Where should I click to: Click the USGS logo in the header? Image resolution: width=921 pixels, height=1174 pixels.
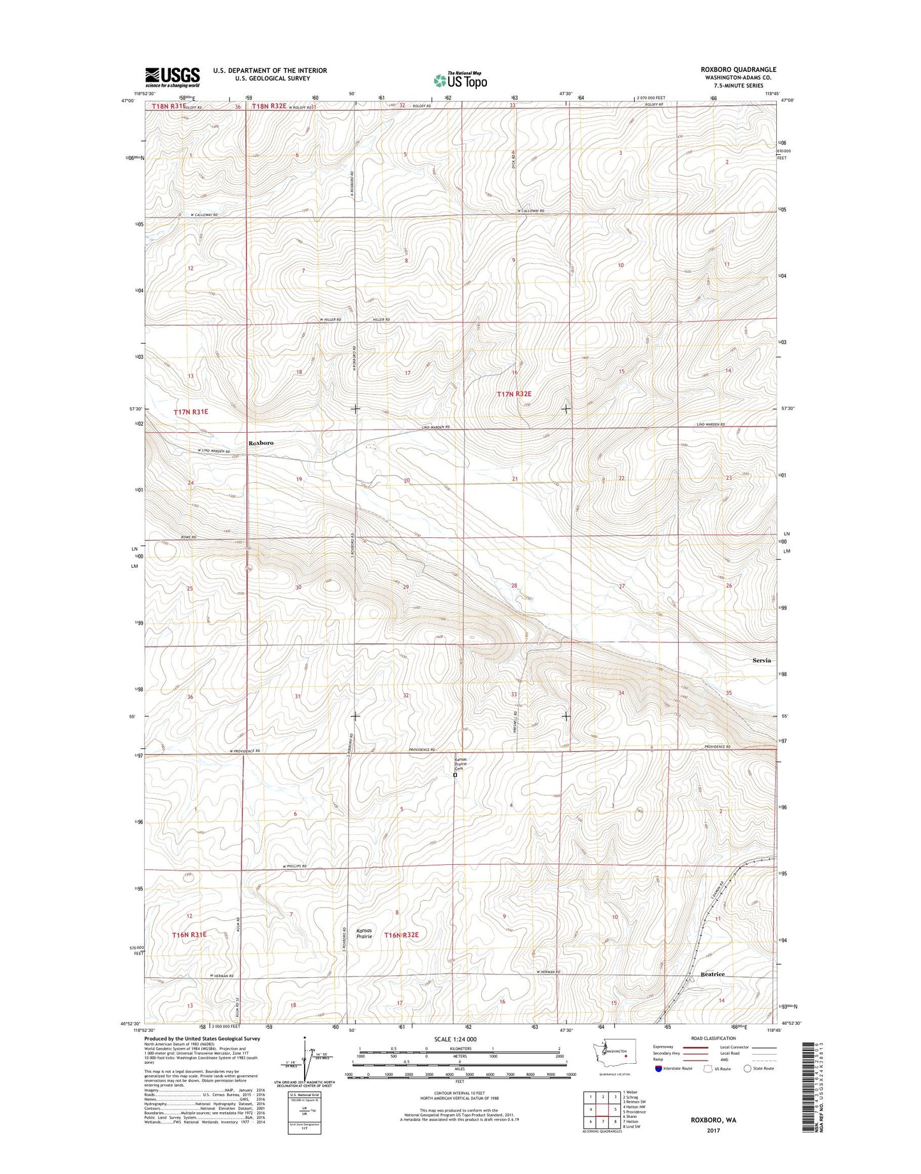tap(173, 76)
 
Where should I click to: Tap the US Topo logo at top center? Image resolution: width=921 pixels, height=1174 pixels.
tap(460, 80)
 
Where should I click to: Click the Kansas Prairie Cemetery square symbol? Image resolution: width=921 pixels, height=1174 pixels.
tap(455, 776)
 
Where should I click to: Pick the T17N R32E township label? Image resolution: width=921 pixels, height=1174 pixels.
tap(514, 395)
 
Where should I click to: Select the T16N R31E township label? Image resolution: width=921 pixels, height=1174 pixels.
tap(189, 934)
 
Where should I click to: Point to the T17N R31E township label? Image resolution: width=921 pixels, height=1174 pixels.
tap(191, 412)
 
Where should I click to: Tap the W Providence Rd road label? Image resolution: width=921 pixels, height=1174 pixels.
tap(245, 751)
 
